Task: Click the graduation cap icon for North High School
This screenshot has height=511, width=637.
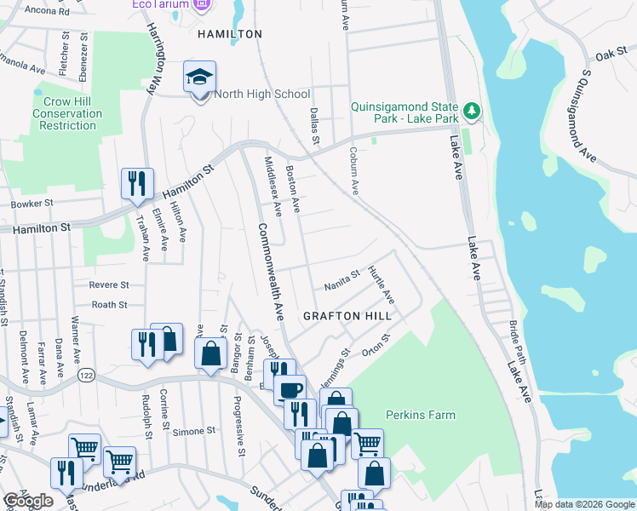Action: [200, 79]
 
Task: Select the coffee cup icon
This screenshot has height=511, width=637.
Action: [290, 389]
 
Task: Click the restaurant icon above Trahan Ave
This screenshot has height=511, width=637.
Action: [136, 183]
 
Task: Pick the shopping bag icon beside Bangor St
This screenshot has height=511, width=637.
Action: [210, 352]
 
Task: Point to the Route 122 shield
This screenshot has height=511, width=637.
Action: [86, 375]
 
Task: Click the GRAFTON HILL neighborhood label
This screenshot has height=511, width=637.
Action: [347, 316]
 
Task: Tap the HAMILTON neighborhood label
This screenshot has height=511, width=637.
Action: [229, 34]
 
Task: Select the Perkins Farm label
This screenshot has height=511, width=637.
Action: [420, 416]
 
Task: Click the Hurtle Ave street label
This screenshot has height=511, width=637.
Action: [381, 285]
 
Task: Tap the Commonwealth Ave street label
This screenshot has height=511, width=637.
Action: [270, 271]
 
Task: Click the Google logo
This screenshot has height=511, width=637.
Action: [28, 502]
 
